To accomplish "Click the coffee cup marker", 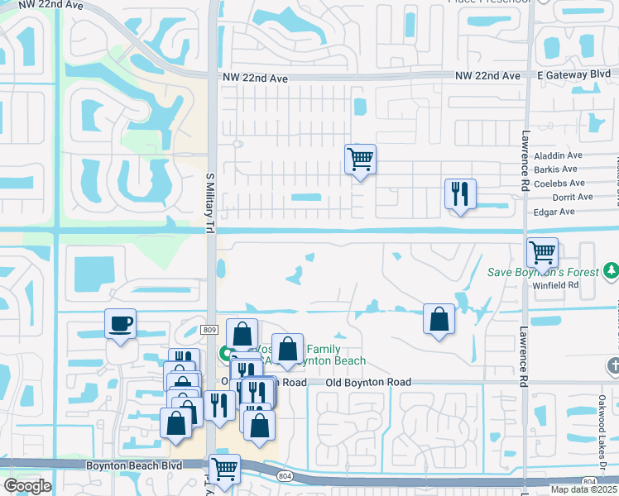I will pos(121,323).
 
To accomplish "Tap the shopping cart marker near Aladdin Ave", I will pos(360,157).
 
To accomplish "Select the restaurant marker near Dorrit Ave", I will pos(458,194).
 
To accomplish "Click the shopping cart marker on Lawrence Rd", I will pos(542,251).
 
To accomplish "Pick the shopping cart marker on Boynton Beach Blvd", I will pos(224,469).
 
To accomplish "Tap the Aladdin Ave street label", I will pos(559,155).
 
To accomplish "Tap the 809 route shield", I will pos(210,329).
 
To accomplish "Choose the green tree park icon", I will pos(611,270).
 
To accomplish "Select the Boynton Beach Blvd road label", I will pos(133,466).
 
